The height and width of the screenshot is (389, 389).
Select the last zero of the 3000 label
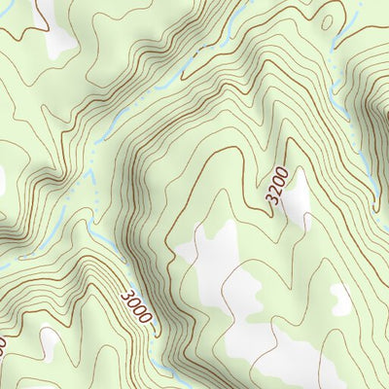[x=150, y=323]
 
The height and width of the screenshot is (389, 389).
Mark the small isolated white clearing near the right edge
[x=341, y=300]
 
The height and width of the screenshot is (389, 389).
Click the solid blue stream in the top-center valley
[x=165, y=88]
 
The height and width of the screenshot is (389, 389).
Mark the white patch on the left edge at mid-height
[x=2, y=179]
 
